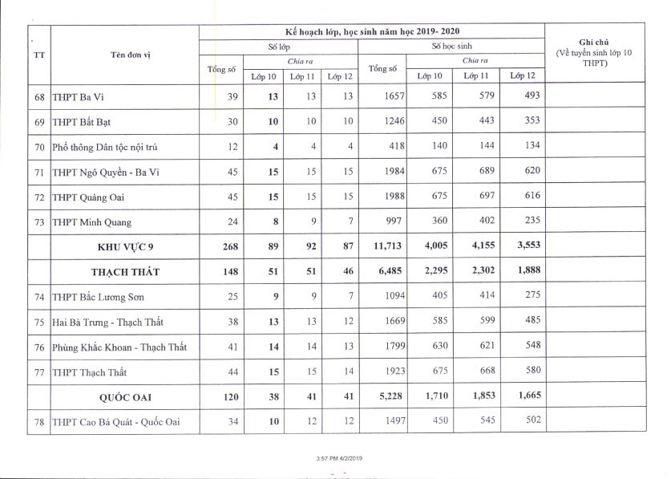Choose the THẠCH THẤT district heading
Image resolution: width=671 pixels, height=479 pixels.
click(125, 272)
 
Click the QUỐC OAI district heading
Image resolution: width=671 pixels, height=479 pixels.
click(125, 396)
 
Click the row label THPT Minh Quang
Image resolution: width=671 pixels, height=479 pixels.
click(91, 222)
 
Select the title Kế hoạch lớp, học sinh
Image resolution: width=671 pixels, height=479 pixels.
click(371, 30)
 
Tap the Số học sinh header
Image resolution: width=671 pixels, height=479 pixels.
click(451, 47)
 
